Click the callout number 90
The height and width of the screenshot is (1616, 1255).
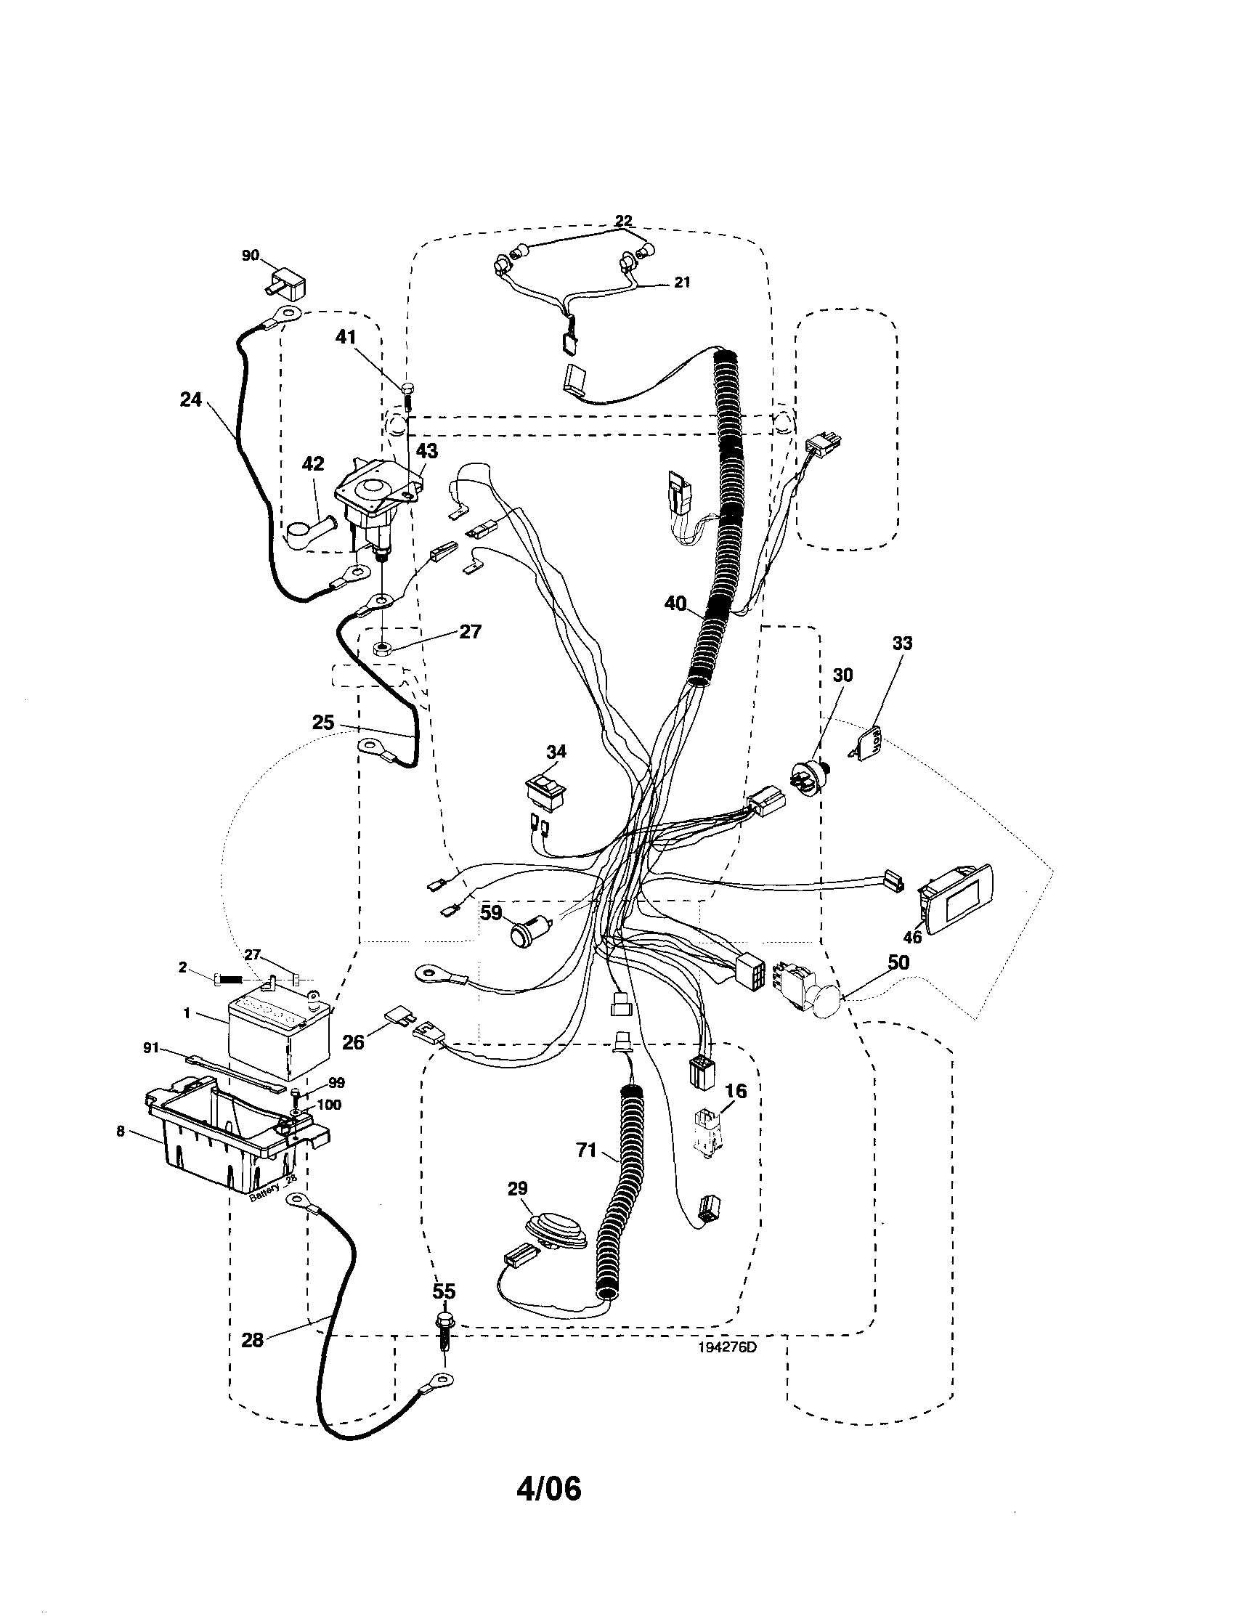pos(250,255)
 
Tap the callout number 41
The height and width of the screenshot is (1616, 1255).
pos(346,338)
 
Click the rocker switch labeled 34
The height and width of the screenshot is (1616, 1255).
pos(545,791)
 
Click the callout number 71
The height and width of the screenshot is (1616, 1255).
pos(586,1151)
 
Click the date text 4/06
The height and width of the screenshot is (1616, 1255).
pos(549,1489)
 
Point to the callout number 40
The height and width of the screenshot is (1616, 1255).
pos(675,603)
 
